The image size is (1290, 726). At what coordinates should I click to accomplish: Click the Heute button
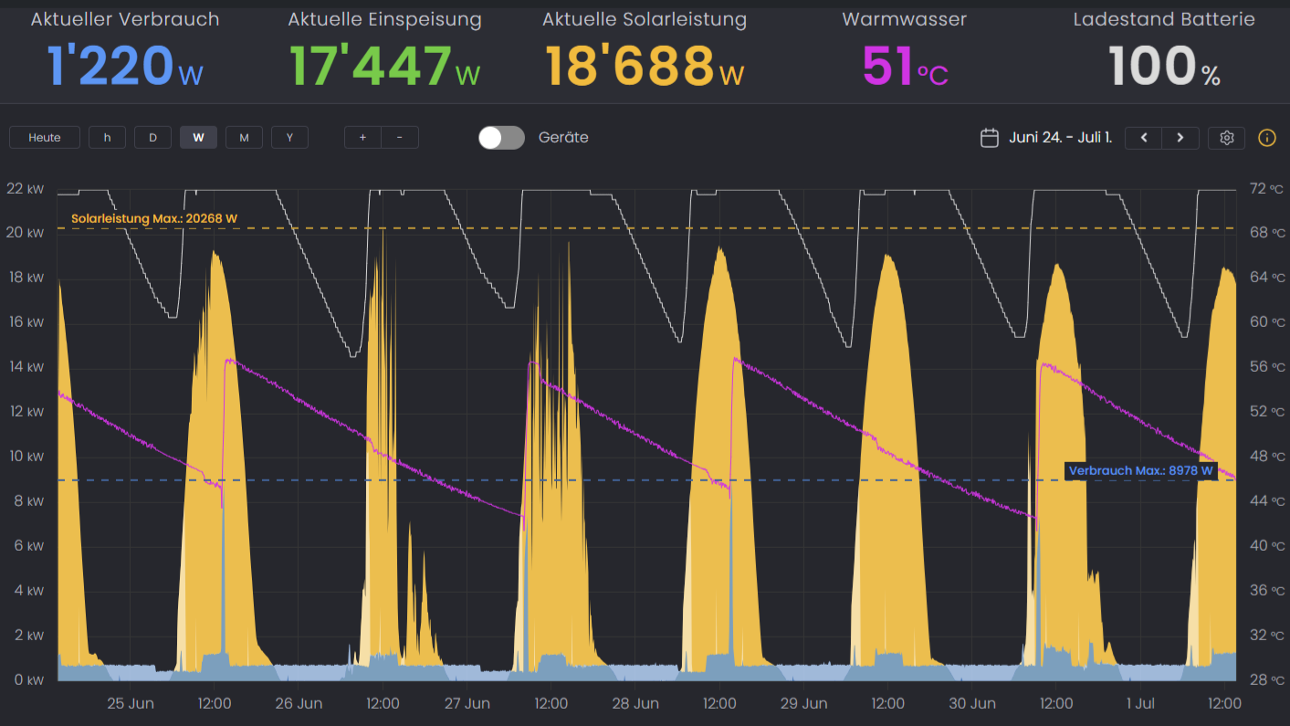coord(45,138)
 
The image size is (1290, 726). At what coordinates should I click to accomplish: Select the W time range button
coord(198,138)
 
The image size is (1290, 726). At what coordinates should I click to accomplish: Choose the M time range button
coord(244,138)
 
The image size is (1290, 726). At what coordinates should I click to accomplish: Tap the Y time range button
coord(289,138)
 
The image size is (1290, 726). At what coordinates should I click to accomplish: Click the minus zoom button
coord(400,138)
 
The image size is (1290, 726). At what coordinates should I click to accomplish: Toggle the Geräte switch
coord(501,138)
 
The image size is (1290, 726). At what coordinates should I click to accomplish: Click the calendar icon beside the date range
coord(989,138)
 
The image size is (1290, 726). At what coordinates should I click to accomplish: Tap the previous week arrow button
coord(1144,138)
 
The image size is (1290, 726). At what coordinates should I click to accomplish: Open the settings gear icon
coord(1227,138)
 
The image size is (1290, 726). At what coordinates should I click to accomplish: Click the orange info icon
coord(1267,138)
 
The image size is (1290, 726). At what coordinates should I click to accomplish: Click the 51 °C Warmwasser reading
coord(905,67)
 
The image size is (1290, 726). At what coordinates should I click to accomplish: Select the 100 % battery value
coord(1164,67)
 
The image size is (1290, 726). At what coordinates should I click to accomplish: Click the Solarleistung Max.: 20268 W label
coord(154,219)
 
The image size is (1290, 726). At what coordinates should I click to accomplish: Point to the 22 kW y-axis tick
coord(25,189)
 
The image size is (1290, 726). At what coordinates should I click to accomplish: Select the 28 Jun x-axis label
coord(635,704)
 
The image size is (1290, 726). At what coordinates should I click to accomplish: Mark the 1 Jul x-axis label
coord(1140,704)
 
